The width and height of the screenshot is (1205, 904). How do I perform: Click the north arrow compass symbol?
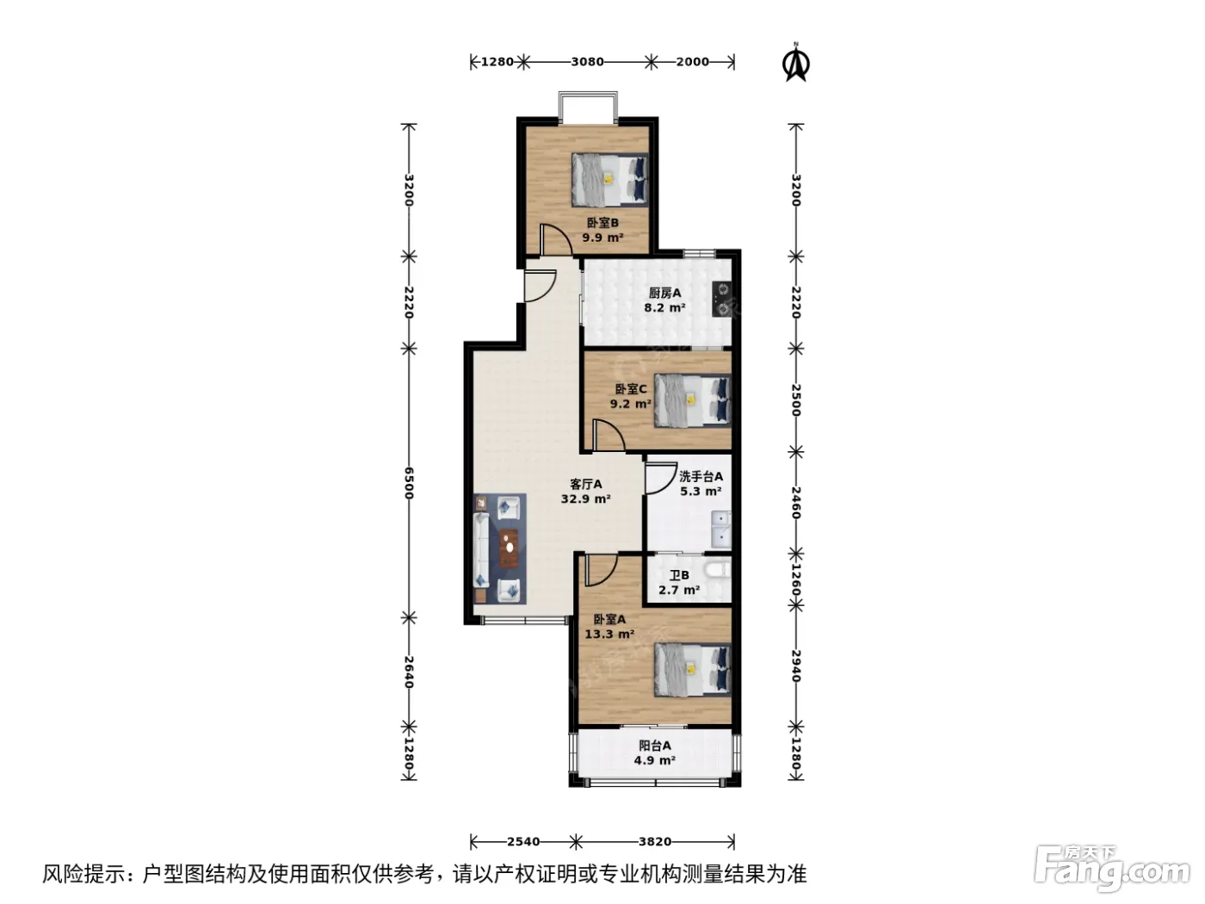click(795, 62)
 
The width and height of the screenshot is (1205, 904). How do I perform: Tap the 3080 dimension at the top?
click(587, 61)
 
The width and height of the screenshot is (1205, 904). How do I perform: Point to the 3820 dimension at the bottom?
click(655, 841)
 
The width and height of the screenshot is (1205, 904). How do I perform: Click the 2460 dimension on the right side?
click(796, 503)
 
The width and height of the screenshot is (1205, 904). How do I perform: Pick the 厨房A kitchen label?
click(664, 293)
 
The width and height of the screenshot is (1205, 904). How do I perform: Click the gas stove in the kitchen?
click(722, 299)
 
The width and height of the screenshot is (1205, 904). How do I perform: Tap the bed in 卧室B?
click(609, 179)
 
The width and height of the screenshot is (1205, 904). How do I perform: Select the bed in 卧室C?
click(693, 400)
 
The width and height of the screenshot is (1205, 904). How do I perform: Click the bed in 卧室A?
click(693, 670)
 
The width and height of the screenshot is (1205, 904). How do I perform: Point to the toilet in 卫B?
click(719, 571)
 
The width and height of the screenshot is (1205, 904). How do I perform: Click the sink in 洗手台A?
click(721, 529)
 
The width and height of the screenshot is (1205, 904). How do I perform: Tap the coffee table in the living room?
click(126, 548)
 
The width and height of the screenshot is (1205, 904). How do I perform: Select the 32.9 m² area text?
click(586, 499)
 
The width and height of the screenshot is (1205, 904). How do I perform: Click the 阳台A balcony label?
click(654, 746)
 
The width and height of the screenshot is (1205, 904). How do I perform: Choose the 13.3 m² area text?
click(609, 634)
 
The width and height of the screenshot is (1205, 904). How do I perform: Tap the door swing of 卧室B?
click(555, 240)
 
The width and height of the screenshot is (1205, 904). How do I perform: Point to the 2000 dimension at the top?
click(692, 61)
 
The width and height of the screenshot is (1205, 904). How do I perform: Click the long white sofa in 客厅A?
click(481, 550)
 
